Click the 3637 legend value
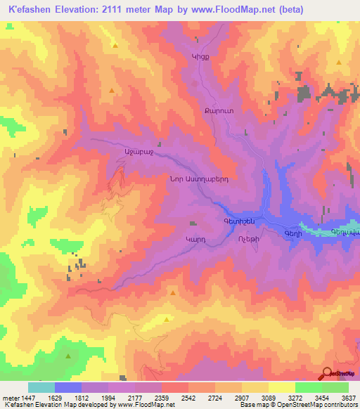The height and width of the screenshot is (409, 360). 349,397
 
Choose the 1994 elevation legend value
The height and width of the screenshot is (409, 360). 109,397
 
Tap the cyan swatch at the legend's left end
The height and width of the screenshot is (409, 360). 41,387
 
